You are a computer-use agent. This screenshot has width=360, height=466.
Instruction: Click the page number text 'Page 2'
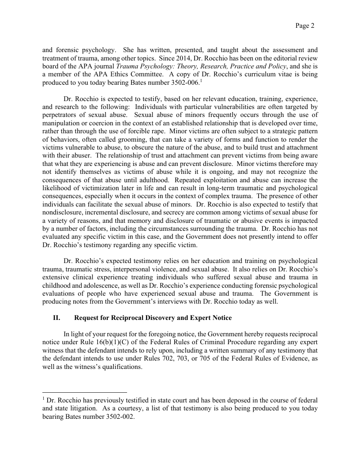(x=305, y=26)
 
